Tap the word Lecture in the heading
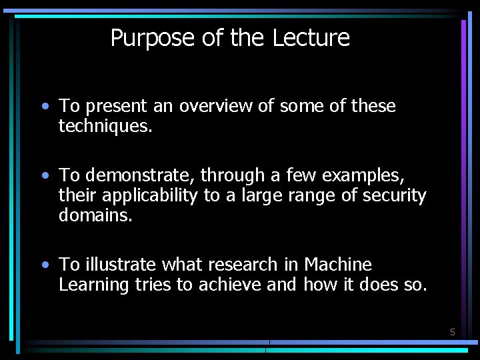click(x=311, y=38)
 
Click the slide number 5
click(x=452, y=332)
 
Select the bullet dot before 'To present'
click(x=44, y=106)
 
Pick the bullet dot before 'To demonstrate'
click(x=44, y=175)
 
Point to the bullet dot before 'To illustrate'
click(x=44, y=265)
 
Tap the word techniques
click(x=105, y=126)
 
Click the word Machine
click(x=338, y=265)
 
